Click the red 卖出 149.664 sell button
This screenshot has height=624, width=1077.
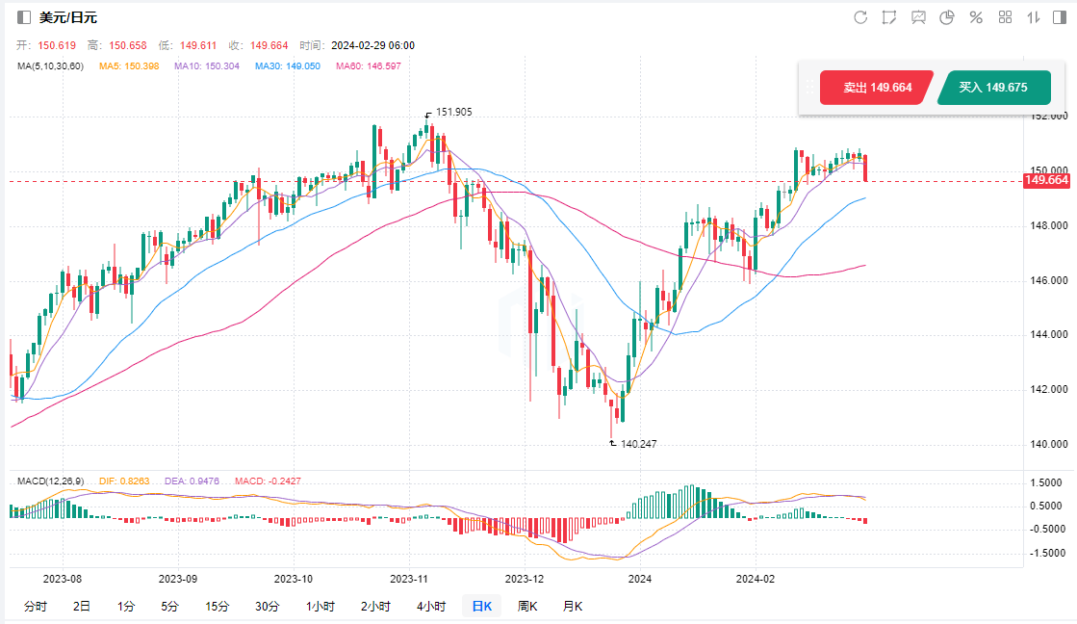(x=877, y=88)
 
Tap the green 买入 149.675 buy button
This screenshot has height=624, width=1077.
(x=993, y=88)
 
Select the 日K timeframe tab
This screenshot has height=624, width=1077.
(x=480, y=606)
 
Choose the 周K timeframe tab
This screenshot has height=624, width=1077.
(x=526, y=606)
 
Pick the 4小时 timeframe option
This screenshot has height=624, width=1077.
(x=431, y=606)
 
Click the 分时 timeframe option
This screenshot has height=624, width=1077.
(x=35, y=606)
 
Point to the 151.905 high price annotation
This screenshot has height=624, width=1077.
(x=453, y=112)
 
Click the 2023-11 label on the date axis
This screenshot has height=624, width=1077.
(x=408, y=579)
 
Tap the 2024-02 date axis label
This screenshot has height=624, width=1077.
(x=755, y=579)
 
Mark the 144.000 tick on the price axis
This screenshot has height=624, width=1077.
(x=1047, y=335)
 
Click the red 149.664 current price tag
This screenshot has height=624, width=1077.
(x=1047, y=180)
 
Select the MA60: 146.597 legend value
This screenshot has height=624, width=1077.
(x=368, y=65)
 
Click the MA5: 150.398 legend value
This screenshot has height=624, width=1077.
(x=130, y=65)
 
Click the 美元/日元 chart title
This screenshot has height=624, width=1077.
(x=67, y=17)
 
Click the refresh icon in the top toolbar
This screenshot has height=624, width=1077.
(x=860, y=17)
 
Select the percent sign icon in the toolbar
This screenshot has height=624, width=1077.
(x=975, y=17)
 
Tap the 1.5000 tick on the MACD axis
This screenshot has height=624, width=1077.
(x=1047, y=482)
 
